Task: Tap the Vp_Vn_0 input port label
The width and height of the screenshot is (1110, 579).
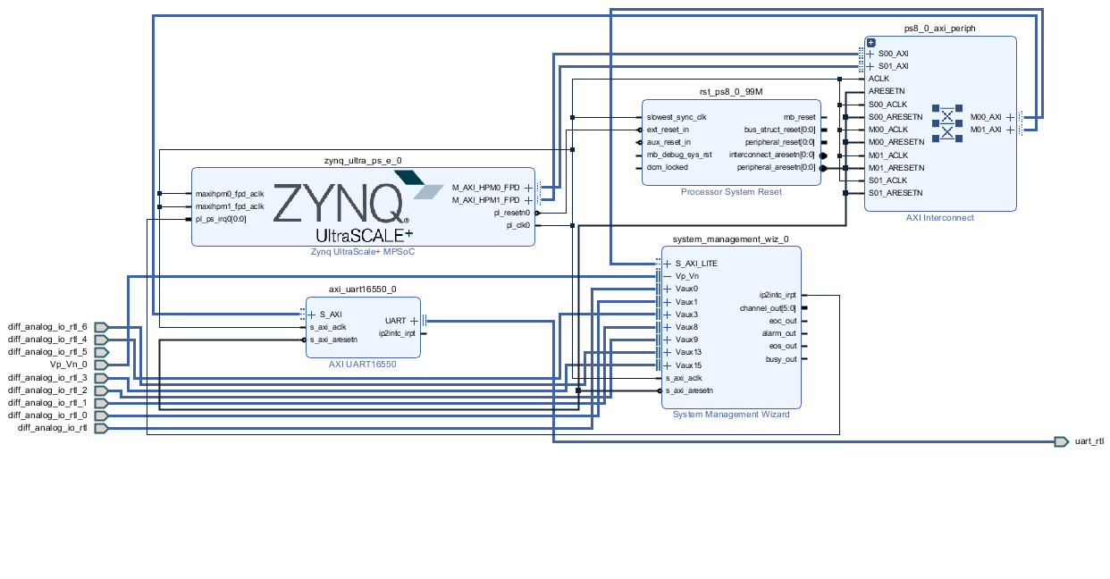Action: click(x=68, y=365)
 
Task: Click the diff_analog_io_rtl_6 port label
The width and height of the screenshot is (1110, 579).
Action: click(x=47, y=327)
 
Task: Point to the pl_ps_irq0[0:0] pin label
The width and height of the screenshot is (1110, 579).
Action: click(x=221, y=218)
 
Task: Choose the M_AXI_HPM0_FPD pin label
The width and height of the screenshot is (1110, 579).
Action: click(x=485, y=188)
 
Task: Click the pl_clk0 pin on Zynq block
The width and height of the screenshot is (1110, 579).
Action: click(x=518, y=226)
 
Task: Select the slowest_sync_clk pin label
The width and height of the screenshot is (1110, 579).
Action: click(x=677, y=117)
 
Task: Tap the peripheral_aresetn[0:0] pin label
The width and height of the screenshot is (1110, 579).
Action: click(x=776, y=167)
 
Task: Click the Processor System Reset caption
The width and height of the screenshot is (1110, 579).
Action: click(x=731, y=192)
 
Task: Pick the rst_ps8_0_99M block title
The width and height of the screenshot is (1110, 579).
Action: click(x=730, y=92)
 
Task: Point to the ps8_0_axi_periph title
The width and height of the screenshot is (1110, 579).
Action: click(x=939, y=29)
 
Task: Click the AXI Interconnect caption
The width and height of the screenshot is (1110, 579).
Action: click(x=940, y=218)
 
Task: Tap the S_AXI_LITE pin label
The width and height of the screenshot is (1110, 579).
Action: click(x=696, y=264)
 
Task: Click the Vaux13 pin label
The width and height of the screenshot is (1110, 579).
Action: click(x=688, y=352)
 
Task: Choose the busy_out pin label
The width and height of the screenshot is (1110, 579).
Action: click(x=780, y=359)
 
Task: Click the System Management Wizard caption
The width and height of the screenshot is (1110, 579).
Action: click(x=731, y=415)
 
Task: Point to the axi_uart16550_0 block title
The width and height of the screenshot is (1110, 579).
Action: click(x=362, y=289)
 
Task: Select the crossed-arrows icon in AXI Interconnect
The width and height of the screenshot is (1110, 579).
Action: click(x=946, y=123)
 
